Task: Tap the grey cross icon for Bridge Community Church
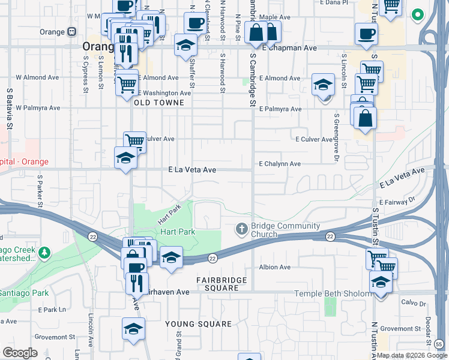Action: tap(242, 229)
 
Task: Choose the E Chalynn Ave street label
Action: tap(280, 164)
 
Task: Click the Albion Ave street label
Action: tap(275, 267)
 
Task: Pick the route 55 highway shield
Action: tap(439, 344)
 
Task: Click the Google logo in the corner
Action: tap(20, 353)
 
